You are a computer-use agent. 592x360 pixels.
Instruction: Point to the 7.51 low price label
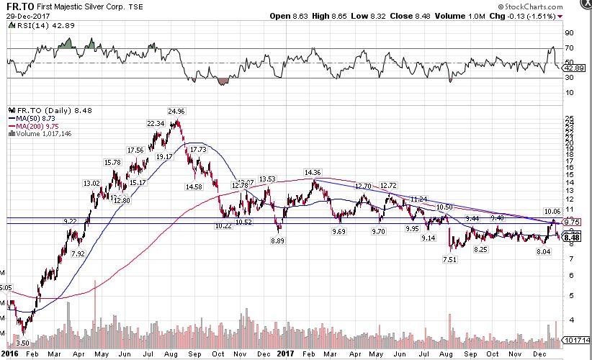point(451,260)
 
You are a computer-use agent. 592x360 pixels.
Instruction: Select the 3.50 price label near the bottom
point(23,345)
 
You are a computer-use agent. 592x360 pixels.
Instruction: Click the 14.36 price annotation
point(313,173)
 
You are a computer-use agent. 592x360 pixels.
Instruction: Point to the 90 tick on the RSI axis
point(568,32)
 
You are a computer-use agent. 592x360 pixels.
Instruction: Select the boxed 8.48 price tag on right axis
point(572,237)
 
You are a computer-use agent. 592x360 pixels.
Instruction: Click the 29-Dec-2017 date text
point(27,15)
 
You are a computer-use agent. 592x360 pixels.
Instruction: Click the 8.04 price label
point(543,252)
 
